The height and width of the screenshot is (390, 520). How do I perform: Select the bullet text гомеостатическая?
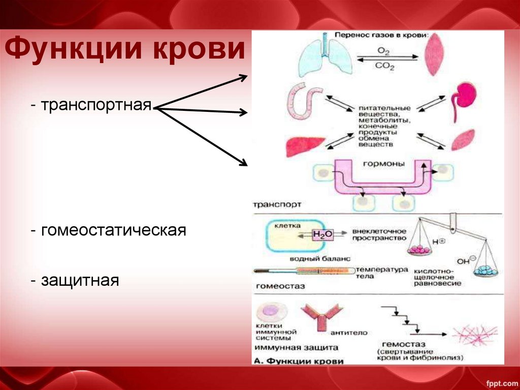[108, 230]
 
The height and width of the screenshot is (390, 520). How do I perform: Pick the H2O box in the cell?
[322, 234]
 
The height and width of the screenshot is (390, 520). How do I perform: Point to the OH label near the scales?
[464, 261]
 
